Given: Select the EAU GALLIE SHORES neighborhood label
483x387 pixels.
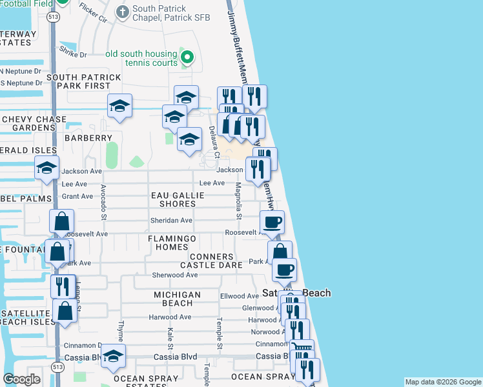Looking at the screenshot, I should point(174,199).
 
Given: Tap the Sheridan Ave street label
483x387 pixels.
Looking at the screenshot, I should point(172,221).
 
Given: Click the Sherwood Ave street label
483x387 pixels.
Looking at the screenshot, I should point(174,275).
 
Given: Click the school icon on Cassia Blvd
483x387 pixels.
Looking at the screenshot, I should point(113,357).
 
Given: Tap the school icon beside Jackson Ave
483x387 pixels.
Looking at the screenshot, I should point(47,168).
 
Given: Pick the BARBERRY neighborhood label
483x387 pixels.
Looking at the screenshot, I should point(88,138).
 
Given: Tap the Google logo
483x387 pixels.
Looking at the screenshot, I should point(22,379).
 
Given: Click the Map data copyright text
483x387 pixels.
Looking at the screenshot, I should point(442,382).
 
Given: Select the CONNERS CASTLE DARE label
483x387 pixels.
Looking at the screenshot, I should point(207,261).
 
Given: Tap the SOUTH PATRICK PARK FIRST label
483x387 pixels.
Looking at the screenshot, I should point(84,82).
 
